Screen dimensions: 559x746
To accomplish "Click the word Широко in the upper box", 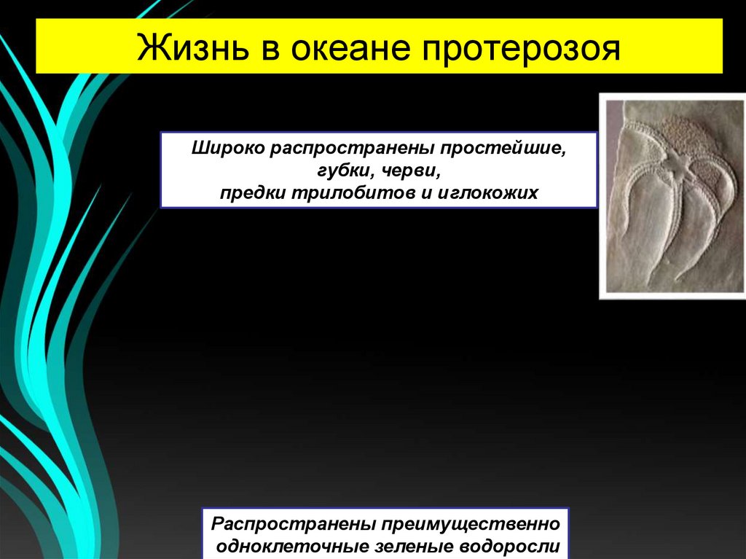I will tap(228, 149).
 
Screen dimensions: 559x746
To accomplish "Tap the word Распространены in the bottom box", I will tap(292, 524).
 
